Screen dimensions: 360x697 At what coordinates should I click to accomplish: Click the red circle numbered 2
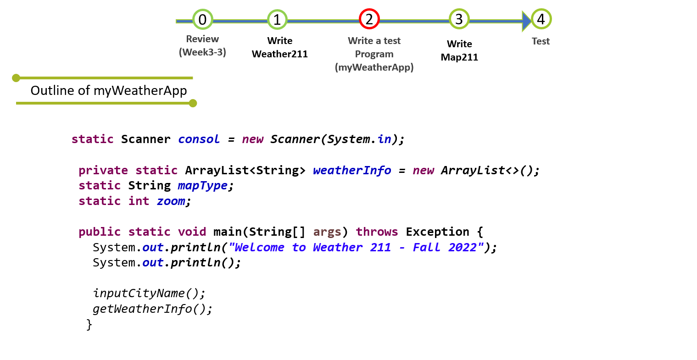[369, 19]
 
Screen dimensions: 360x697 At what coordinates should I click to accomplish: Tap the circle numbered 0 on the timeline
[202, 19]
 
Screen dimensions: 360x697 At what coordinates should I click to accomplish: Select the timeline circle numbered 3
[459, 19]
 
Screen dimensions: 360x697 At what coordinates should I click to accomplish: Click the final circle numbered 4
[541, 19]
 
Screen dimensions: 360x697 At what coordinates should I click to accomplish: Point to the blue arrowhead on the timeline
[526, 21]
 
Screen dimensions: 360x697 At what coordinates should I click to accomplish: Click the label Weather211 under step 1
[279, 54]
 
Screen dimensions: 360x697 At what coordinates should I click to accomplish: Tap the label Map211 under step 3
[459, 57]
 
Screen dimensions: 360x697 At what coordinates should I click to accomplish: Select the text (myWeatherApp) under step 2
[374, 67]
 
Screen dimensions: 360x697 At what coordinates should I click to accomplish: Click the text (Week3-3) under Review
[202, 52]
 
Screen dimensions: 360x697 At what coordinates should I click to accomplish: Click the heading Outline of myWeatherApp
[109, 91]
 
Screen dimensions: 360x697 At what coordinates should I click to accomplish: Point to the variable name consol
[199, 139]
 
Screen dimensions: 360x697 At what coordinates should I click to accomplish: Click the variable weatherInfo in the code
[352, 170]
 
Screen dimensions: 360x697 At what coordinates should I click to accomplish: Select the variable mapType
[202, 186]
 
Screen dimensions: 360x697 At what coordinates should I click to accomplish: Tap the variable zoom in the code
[171, 201]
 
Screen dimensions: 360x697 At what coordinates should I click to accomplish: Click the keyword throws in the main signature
[377, 232]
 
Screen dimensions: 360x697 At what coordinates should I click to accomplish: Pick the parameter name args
[327, 232]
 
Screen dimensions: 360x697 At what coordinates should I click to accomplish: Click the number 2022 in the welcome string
[463, 247]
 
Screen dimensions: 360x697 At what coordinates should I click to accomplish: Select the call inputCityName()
[149, 293]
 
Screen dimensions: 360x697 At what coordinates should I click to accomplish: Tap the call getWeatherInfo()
[152, 309]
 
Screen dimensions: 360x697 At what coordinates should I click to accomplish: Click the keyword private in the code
[103, 170]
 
